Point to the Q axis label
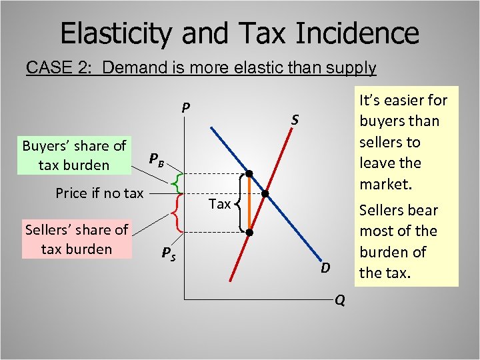(x=339, y=301)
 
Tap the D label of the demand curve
(x=325, y=268)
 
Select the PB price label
(x=155, y=159)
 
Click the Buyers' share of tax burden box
(x=74, y=155)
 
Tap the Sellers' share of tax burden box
(x=77, y=239)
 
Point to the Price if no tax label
(x=99, y=193)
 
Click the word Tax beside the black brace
(x=220, y=204)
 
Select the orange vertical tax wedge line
(x=249, y=203)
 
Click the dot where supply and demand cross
(x=265, y=194)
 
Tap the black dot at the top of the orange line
(x=249, y=174)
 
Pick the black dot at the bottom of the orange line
(x=249, y=233)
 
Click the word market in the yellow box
(x=384, y=183)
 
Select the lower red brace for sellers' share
(x=175, y=212)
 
